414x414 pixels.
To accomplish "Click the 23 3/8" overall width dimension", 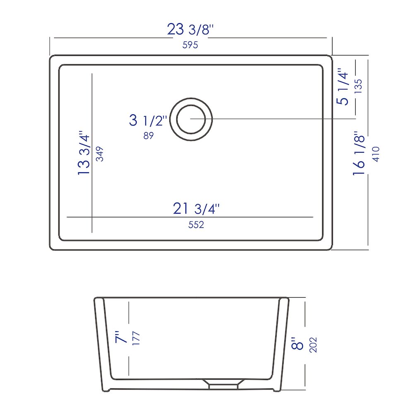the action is tap(190, 29).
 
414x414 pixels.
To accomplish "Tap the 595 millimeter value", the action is tap(190, 45).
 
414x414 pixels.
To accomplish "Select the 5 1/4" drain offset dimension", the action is tap(343, 87).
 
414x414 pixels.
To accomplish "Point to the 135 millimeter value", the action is tap(358, 87).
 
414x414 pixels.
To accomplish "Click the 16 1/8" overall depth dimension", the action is tap(359, 153).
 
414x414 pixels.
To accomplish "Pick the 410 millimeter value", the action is tap(375, 154).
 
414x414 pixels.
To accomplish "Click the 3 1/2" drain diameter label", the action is tap(148, 120).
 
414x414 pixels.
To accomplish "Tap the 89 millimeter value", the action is tap(148, 136).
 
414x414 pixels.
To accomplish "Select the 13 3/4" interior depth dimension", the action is tap(84, 152).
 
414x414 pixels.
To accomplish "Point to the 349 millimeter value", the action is tap(100, 154).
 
